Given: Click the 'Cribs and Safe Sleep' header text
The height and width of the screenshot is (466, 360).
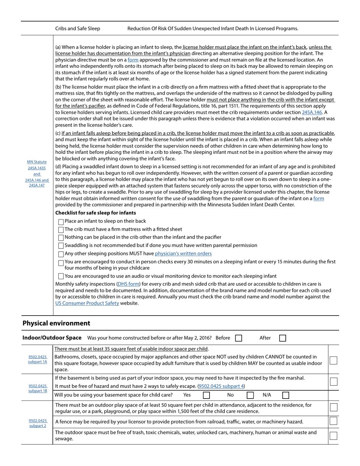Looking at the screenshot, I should click(78, 28).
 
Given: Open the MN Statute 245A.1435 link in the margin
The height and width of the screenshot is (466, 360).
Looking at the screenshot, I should click(37, 168).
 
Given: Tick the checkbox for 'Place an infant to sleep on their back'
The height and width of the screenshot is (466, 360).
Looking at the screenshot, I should click(61, 222).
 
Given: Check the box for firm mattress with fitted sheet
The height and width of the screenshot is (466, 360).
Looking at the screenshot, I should click(61, 230).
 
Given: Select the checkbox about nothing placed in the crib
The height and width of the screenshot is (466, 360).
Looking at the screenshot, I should click(61, 238).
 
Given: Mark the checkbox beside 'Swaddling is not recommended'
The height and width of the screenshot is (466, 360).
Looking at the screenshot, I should click(61, 246).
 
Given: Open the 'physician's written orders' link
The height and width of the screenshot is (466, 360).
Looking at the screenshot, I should click(183, 253).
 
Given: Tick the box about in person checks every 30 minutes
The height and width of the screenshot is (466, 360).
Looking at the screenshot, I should click(61, 263).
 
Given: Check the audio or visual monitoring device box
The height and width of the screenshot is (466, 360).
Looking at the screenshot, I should click(61, 276).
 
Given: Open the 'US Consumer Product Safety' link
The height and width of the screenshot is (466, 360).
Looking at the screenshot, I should click(87, 303).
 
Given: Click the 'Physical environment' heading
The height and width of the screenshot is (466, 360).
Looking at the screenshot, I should click(56, 323).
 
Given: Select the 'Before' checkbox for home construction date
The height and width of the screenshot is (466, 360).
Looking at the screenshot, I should click(238, 338).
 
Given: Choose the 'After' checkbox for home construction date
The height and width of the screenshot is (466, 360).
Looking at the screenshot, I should click(282, 338).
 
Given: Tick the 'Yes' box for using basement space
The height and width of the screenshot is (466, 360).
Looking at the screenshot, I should click(206, 395).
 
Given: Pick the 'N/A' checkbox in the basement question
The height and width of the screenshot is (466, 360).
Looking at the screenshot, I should click(286, 395).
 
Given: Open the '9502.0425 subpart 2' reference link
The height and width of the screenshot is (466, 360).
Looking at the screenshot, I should click(38, 423).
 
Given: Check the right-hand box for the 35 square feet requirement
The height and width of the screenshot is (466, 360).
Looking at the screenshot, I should click(333, 360).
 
